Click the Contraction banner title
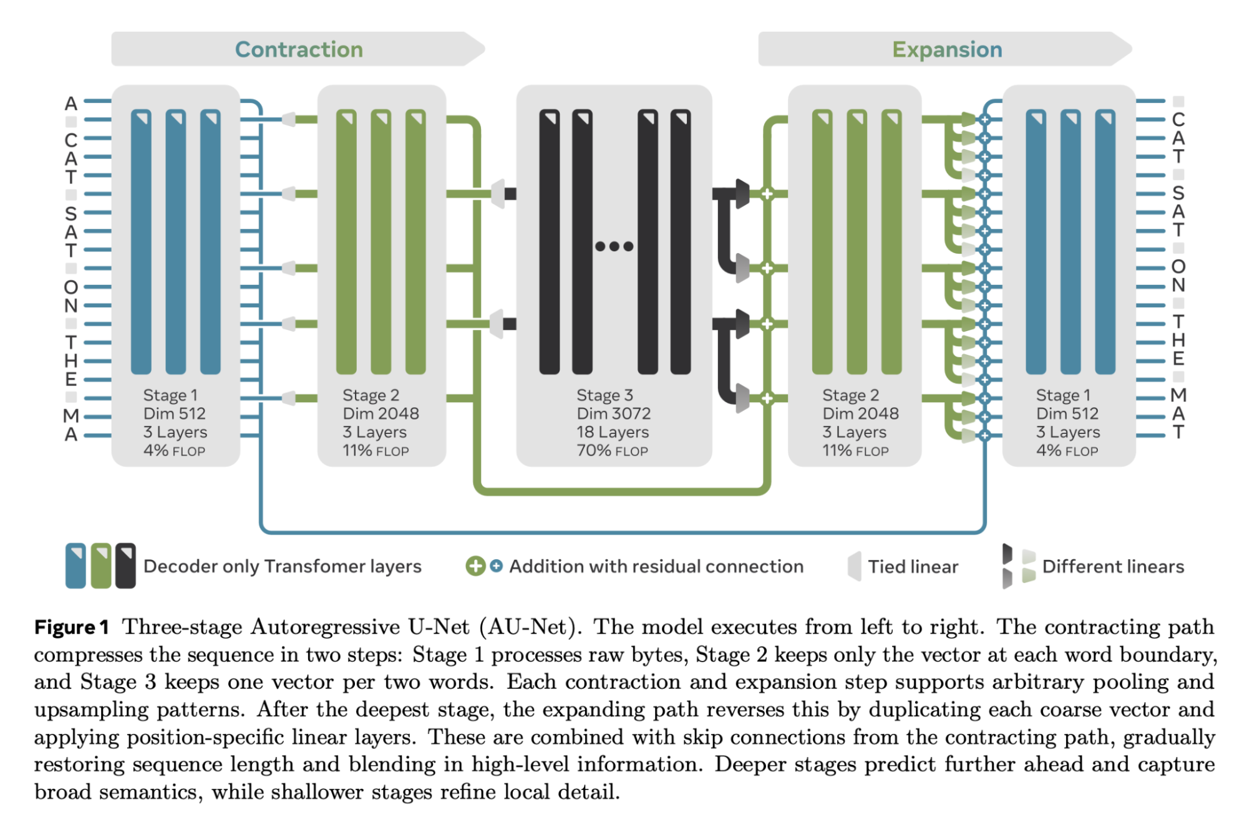pyautogui.click(x=299, y=49)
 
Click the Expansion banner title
pyautogui.click(x=947, y=50)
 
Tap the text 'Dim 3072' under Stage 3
pyautogui.click(x=614, y=413)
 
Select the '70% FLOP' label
pyautogui.click(x=613, y=450)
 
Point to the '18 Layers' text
pyautogui.click(x=613, y=432)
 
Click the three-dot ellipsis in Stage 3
pyautogui.click(x=614, y=246)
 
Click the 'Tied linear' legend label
pyautogui.click(x=913, y=567)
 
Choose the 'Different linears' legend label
pyautogui.click(x=1113, y=567)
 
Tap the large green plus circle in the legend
pyautogui.click(x=475, y=566)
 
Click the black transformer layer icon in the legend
pyautogui.click(x=125, y=566)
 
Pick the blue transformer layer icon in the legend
pyautogui.click(x=75, y=566)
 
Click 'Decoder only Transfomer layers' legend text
pyautogui.click(x=283, y=566)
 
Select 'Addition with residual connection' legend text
pyautogui.click(x=656, y=566)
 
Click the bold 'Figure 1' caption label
pyautogui.click(x=72, y=627)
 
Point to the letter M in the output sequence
pyautogui.click(x=1178, y=395)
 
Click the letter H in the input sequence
pyautogui.click(x=71, y=361)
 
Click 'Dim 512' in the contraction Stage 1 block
pyautogui.click(x=174, y=413)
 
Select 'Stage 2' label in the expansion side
pyautogui.click(x=850, y=395)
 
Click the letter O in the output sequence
pyautogui.click(x=1178, y=266)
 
